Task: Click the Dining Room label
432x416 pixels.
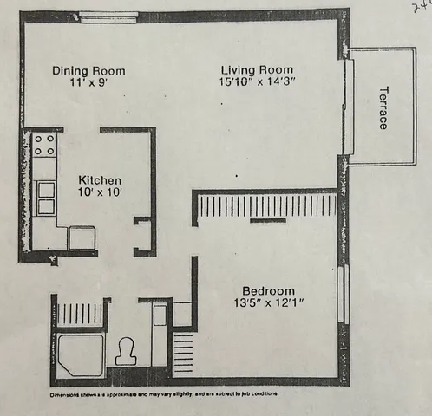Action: [x=88, y=71]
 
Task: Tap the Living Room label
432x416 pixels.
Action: [x=257, y=69]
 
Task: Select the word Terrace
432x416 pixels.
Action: [x=382, y=108]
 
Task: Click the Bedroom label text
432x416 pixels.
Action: [x=268, y=290]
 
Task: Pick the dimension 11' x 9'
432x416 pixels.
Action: [x=88, y=83]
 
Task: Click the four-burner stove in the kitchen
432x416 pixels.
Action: [x=44, y=144]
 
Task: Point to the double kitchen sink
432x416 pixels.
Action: [x=45, y=197]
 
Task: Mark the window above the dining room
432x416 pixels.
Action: [x=108, y=16]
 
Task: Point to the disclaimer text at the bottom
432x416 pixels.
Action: [x=164, y=394]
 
